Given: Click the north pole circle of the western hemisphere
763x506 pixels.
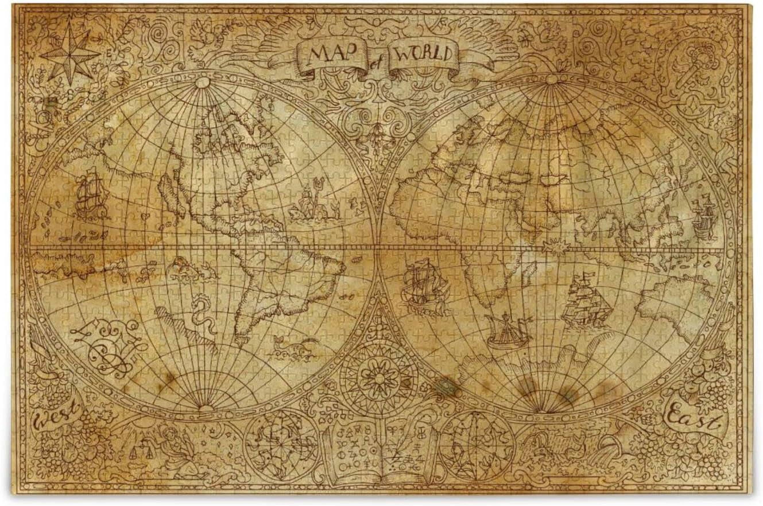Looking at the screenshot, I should [x=203, y=82].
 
